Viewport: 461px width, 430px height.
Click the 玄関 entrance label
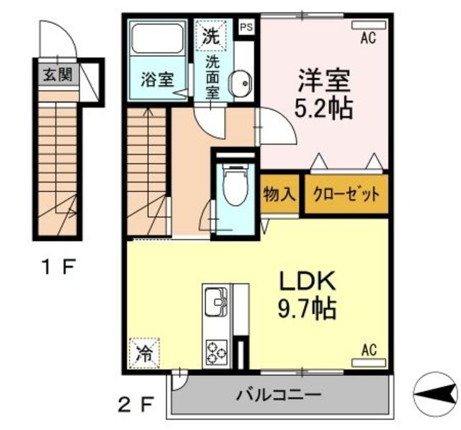coord(57,74)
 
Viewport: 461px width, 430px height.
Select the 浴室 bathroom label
coord(156,79)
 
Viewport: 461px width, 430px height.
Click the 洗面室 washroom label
coord(212,76)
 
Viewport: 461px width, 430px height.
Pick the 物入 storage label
coord(279,194)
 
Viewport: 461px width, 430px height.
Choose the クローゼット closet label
coord(345,194)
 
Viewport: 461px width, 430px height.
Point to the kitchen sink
coord(215,302)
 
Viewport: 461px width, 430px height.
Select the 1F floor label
coord(57,269)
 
